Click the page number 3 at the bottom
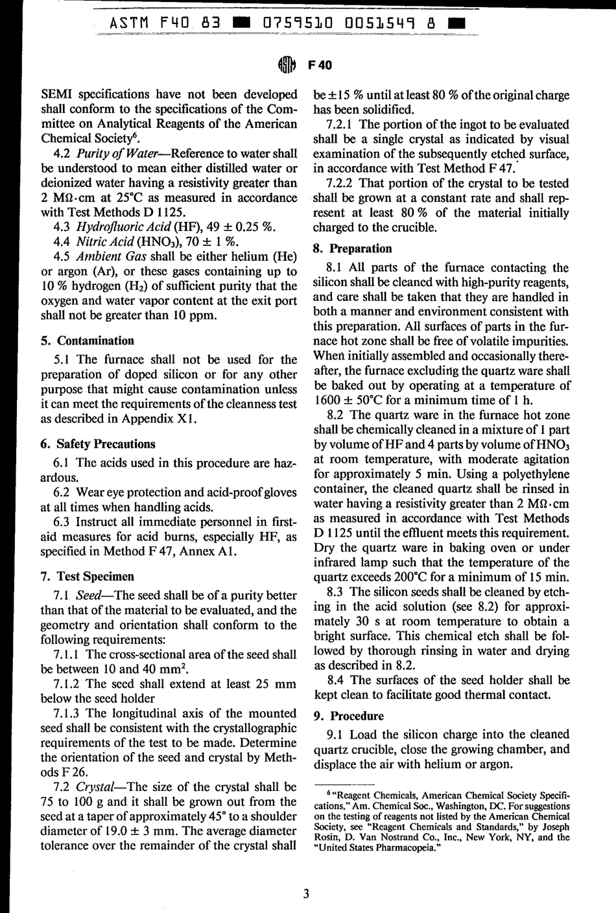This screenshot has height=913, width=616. point(306,894)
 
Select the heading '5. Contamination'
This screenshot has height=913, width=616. point(95,341)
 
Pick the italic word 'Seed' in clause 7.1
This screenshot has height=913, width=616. point(89,596)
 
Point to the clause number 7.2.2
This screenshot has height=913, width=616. point(344,184)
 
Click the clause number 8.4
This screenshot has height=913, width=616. point(340,680)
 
